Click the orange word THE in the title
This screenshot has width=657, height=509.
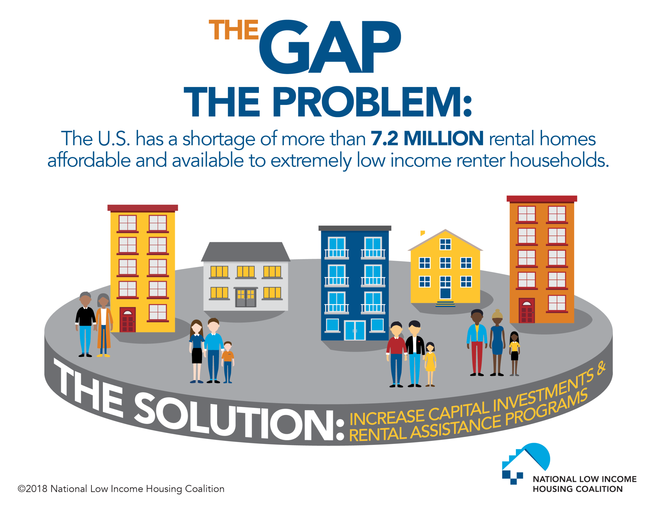pyautogui.click(x=234, y=30)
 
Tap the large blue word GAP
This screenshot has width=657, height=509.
pyautogui.click(x=330, y=47)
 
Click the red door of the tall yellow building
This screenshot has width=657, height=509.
pyautogui.click(x=128, y=320)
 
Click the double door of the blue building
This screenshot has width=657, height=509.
pyautogui.click(x=355, y=331)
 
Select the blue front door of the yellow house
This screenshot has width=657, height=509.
pyautogui.click(x=445, y=293)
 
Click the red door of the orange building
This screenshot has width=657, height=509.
pyautogui.click(x=526, y=311)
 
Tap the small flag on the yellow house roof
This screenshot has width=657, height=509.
pyautogui.click(x=422, y=233)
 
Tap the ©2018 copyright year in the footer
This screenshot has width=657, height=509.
pyautogui.click(x=33, y=489)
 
